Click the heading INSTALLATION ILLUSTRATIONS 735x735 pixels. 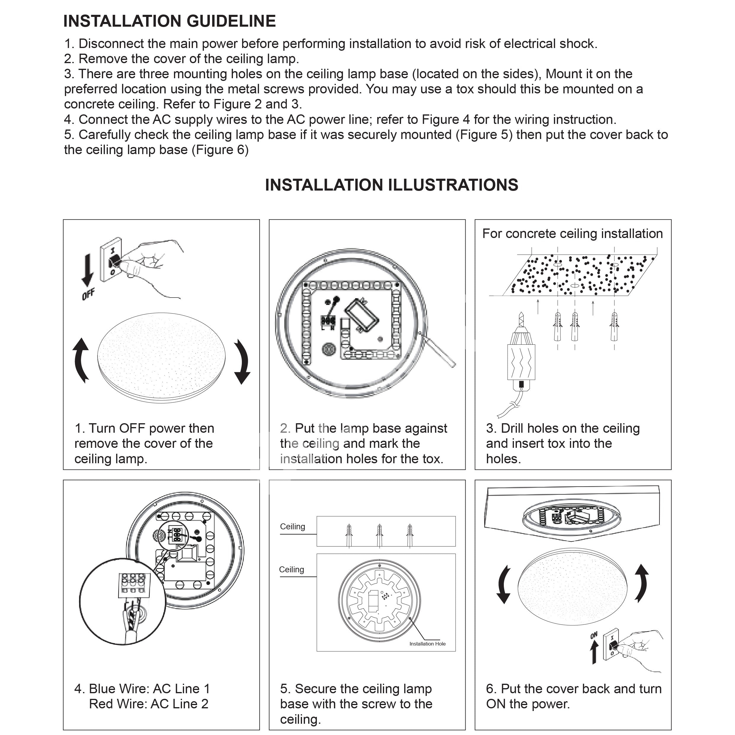[392, 185]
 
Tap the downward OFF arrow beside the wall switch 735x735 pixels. [87, 270]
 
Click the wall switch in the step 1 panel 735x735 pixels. [111, 260]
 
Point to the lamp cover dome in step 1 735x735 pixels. [161, 358]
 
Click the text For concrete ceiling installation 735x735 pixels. [573, 233]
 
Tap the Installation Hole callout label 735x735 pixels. [427, 644]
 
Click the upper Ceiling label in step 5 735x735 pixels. [293, 527]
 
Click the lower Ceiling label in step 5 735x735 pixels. [291, 570]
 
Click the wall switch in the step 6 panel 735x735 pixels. [611, 644]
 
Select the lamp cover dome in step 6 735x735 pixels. [572, 587]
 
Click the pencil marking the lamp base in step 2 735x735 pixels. [437, 349]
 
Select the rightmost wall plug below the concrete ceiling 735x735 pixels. [614, 326]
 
